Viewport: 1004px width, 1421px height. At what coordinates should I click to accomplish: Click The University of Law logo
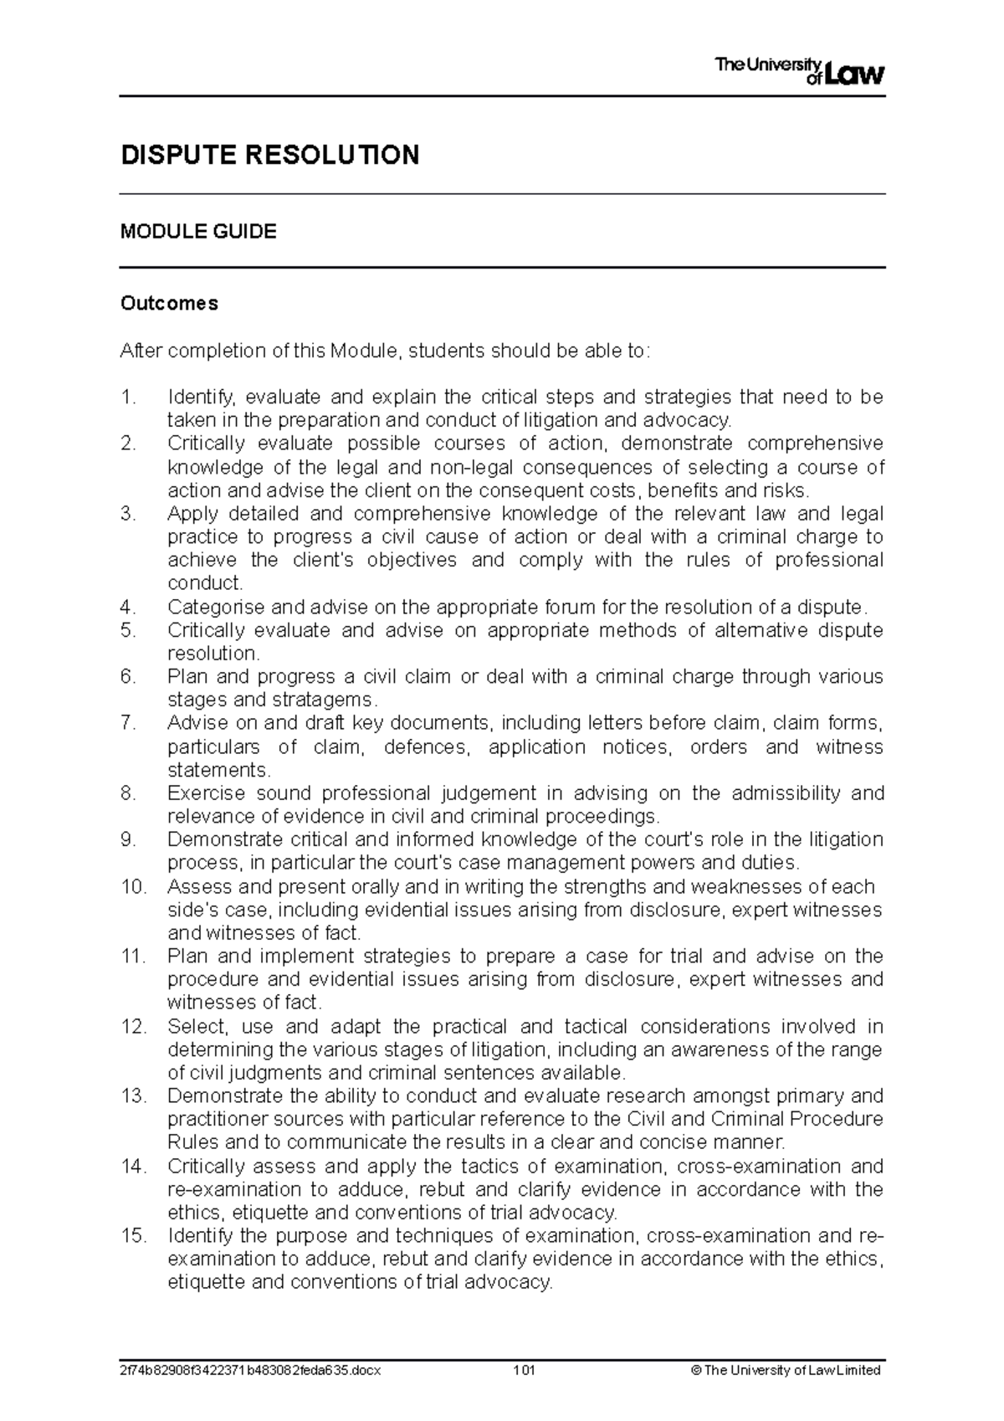pyautogui.click(x=799, y=71)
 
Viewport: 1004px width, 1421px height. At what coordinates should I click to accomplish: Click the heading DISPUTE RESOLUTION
pyautogui.click(x=269, y=156)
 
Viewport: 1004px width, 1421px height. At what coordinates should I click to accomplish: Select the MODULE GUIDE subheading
pyautogui.click(x=197, y=232)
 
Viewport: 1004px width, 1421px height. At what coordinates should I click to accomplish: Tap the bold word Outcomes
pyautogui.click(x=169, y=303)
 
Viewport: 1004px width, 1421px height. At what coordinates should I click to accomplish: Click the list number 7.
pyautogui.click(x=127, y=723)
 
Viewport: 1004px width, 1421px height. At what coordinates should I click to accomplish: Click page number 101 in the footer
pyautogui.click(x=525, y=1371)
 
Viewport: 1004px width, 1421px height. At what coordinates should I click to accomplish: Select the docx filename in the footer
pyautogui.click(x=250, y=1371)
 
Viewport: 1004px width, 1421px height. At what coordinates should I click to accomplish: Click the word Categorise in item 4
pyautogui.click(x=203, y=607)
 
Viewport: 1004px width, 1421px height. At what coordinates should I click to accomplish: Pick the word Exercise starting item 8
pyautogui.click(x=206, y=793)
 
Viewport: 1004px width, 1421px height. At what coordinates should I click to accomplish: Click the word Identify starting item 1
pyautogui.click(x=201, y=397)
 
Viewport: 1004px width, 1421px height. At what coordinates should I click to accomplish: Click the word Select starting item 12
pyautogui.click(x=196, y=1027)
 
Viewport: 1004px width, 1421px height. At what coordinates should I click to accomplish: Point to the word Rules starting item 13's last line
pyautogui.click(x=192, y=1142)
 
